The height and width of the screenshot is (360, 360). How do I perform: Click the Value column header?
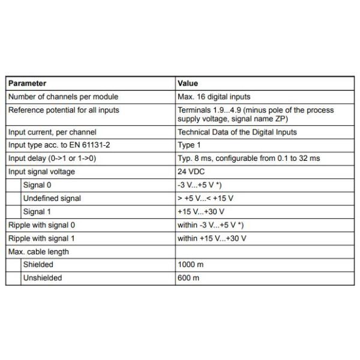coord(188,83)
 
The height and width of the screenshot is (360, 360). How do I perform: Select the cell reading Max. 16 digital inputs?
coord(214,97)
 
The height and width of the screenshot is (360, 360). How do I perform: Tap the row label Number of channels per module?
coord(63,97)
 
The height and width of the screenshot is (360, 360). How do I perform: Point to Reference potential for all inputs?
coord(64,110)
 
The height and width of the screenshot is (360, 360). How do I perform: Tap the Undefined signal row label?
coord(52,198)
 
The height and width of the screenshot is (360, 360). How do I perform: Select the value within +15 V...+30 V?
coord(212,238)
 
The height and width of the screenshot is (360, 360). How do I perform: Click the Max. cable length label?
coord(38,251)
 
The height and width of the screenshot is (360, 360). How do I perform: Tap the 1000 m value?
coord(190,264)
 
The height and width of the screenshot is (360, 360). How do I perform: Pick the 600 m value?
coord(188,278)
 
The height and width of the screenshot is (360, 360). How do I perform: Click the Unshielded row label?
coord(43,278)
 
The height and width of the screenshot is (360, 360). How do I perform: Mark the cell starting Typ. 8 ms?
coord(248,158)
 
